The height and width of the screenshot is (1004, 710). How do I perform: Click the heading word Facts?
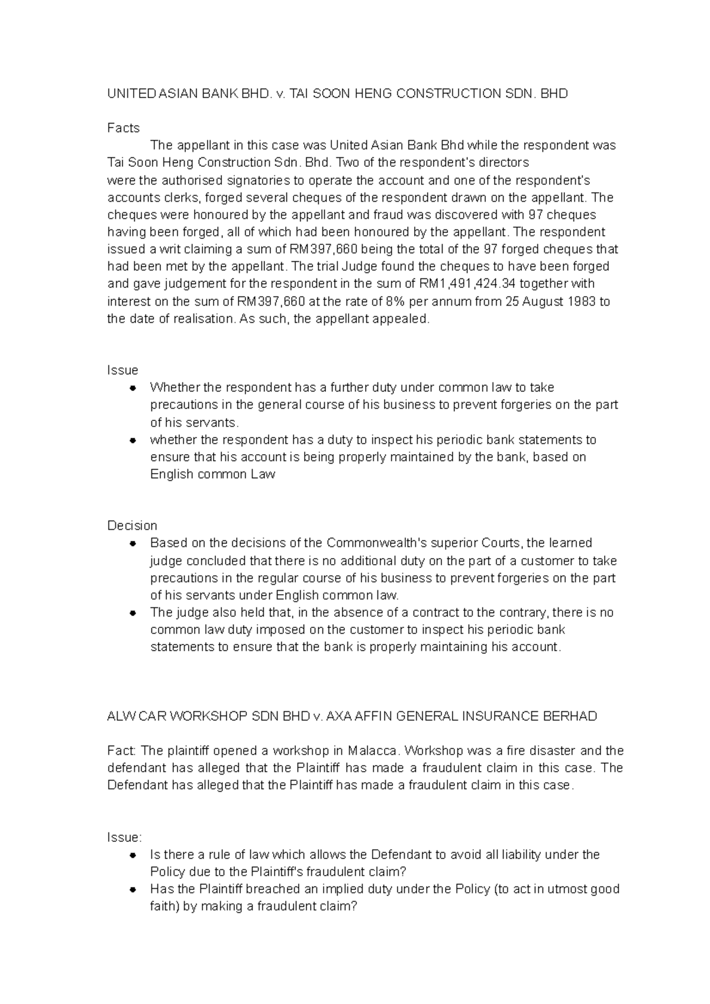point(123,128)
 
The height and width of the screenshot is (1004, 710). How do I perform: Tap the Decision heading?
point(132,526)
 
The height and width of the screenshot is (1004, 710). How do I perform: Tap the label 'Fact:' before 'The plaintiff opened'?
point(122,751)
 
